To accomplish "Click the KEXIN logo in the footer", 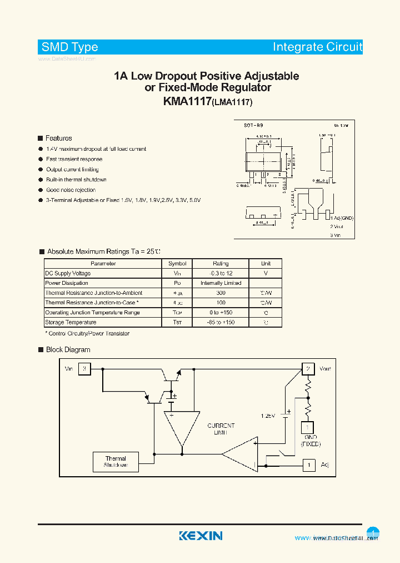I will [x=201, y=536].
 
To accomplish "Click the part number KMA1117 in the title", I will [x=187, y=101].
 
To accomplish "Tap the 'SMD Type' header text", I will [x=69, y=47].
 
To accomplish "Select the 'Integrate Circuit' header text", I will [x=317, y=47].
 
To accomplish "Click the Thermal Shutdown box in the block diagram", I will [x=116, y=462].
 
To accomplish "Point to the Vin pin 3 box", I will [x=84, y=369].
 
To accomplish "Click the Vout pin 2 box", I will [x=308, y=369].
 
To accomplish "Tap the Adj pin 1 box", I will [x=308, y=465].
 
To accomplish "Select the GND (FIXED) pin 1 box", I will [x=307, y=427].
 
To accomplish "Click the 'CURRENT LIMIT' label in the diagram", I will [x=221, y=429].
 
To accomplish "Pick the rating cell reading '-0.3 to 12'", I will [x=221, y=273].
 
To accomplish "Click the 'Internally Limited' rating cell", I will [x=221, y=283].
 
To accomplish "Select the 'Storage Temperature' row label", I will [x=71, y=322].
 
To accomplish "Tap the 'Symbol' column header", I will [x=177, y=264].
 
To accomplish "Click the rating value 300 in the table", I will [x=221, y=293].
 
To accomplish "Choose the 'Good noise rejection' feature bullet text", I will [x=71, y=190].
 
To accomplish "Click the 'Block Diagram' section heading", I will [x=67, y=349].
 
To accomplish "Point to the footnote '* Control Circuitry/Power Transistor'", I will [x=87, y=333].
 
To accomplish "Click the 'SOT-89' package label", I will [x=253, y=126].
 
